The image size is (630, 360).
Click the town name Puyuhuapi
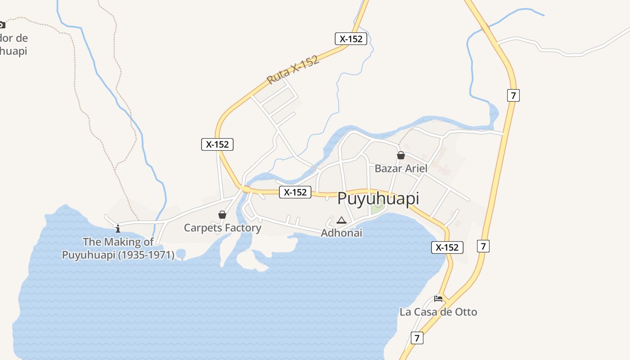point(378,198)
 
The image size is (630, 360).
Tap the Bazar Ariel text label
point(401,168)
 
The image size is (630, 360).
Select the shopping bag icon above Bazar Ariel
point(401,155)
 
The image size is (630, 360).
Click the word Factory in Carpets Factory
point(243,228)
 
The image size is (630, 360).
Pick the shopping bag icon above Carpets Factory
point(222,215)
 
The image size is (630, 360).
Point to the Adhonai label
point(342,233)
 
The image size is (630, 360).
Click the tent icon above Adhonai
point(342,220)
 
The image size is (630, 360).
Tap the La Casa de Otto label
point(438,312)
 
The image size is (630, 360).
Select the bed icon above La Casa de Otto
point(438,298)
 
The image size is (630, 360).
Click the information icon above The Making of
point(118,229)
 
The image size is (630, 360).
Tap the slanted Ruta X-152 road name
point(292,70)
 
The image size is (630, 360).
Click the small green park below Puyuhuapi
point(378,207)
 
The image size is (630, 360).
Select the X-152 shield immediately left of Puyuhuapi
point(295,192)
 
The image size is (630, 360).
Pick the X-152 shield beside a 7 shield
point(447,247)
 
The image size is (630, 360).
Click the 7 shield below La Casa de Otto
point(417,338)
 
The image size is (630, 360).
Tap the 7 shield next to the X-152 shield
point(483,246)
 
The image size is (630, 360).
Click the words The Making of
point(118,242)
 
